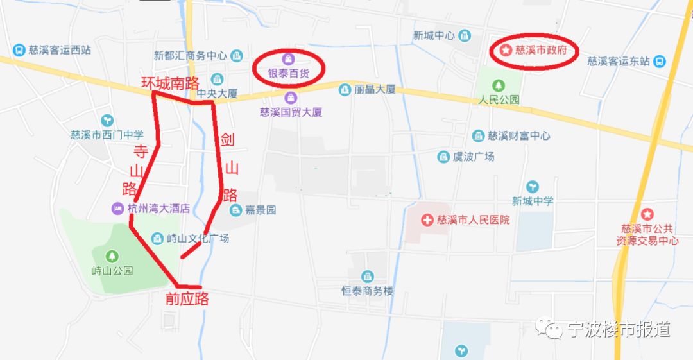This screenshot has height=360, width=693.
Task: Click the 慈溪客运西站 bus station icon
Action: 19,49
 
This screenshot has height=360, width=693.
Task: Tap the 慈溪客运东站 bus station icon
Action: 659,62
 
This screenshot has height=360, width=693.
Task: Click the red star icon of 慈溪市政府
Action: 506,50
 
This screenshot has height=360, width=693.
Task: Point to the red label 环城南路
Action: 170,83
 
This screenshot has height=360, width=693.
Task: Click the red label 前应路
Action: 187,298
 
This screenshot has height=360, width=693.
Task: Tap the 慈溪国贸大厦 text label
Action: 291,112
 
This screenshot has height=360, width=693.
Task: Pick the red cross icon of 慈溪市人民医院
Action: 427,220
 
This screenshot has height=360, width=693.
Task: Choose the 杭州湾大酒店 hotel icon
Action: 117,209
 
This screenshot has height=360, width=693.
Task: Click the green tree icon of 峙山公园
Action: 112,256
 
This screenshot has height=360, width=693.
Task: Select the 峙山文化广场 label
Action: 197,239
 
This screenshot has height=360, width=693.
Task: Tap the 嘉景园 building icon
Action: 235,210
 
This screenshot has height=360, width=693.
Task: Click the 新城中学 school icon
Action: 533,186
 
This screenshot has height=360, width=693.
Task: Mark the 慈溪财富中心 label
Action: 518,136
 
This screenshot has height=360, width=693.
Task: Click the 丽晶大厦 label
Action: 375,90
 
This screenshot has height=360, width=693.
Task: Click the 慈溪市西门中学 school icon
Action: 107,120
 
